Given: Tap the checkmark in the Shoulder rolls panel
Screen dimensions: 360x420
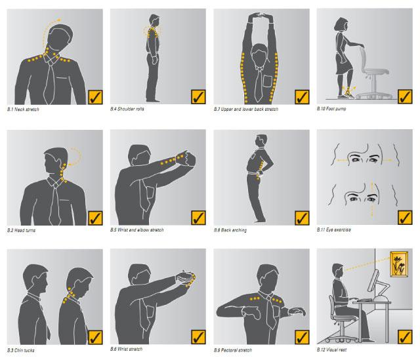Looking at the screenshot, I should click(199, 96).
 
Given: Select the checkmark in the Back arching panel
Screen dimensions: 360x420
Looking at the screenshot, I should click(302, 217).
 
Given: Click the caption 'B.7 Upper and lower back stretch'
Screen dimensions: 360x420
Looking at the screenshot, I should click(247, 109).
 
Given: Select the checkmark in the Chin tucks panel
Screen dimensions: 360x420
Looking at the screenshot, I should click(95, 337).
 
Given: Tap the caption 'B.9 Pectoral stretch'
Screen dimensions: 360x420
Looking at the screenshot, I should click(233, 350).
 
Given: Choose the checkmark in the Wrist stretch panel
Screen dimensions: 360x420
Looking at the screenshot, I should click(199, 337).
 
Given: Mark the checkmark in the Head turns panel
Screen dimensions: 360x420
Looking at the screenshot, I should click(95, 217).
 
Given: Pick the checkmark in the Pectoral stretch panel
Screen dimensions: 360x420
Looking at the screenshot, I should click(302, 337).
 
